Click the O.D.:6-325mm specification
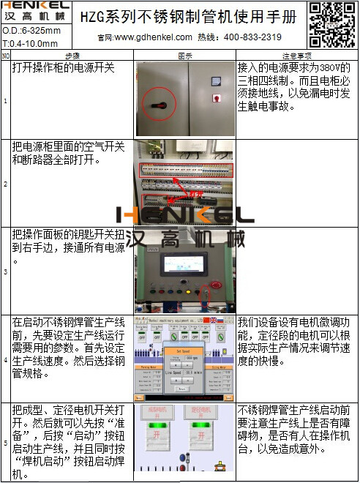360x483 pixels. (29, 31)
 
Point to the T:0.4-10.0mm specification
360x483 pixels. (29, 43)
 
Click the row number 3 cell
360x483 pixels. (6, 272)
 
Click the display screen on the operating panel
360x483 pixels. (185, 262)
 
